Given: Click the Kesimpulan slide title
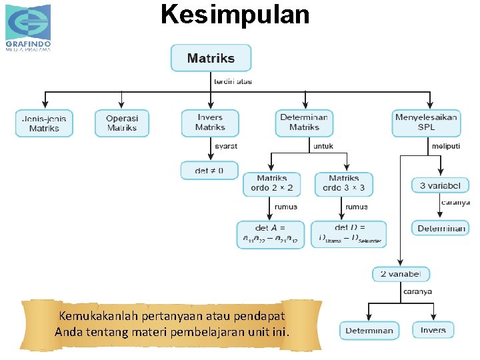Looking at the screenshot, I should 235,14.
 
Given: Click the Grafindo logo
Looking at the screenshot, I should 28,27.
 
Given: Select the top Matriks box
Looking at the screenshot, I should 211,58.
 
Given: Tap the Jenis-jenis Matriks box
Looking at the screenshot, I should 44,123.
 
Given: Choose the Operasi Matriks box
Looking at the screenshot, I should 121,123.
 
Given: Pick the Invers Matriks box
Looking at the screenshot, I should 210,123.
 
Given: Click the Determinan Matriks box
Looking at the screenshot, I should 304,123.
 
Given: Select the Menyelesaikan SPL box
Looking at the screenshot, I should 427,123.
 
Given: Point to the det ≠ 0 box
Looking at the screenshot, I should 209,171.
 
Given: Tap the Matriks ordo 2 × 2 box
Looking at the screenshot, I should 271,184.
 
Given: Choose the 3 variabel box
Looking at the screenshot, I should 440,185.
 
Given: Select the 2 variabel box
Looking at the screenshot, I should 401,274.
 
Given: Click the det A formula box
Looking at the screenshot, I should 271,234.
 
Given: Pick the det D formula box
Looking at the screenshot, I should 349,234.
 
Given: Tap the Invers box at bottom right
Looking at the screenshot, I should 433,330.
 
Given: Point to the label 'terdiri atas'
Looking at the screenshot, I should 233,82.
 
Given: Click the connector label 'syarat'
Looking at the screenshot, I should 225,146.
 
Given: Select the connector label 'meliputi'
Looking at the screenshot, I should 445,146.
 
